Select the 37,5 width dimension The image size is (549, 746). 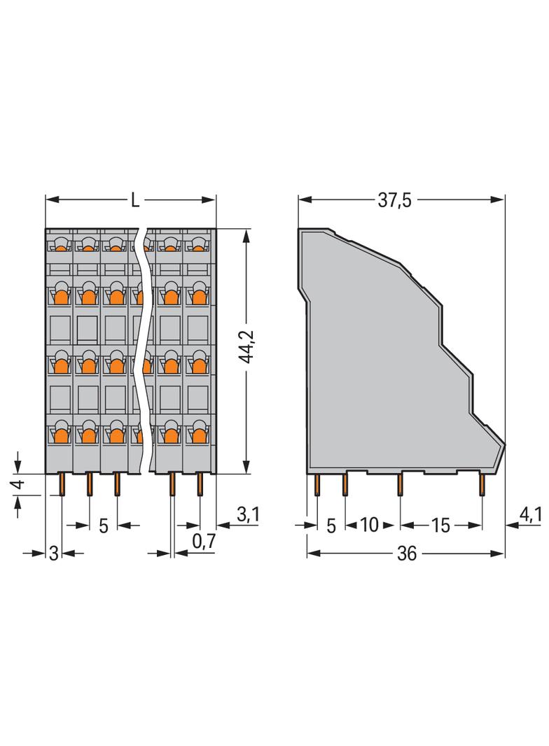[394, 201]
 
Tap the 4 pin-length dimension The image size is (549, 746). [19, 484]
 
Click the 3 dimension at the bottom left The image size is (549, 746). [53, 553]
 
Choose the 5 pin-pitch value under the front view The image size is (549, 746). [103, 526]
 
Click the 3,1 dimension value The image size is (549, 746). [248, 515]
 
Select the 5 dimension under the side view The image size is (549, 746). [331, 526]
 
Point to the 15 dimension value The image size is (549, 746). [440, 526]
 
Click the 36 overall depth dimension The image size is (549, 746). [406, 554]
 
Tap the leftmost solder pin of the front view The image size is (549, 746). [62, 484]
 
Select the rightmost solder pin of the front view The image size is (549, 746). [200, 484]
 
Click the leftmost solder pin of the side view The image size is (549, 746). [317, 484]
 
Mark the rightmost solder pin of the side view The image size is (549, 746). [482, 484]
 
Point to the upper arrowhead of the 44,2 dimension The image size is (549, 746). [246, 234]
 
